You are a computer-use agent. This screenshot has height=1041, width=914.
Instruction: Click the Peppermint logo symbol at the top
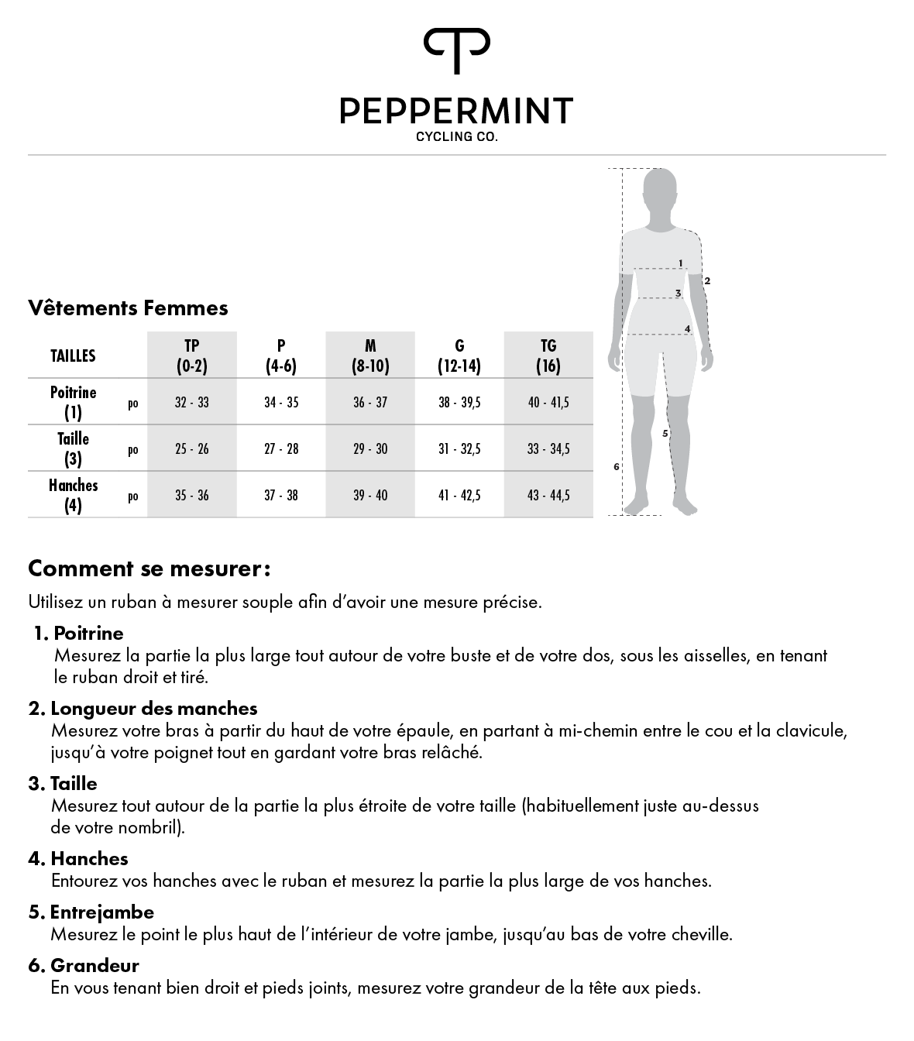coord(456,50)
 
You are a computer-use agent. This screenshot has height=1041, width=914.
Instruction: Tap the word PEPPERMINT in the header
coord(456,111)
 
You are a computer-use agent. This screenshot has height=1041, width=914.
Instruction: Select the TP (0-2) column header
coord(191,356)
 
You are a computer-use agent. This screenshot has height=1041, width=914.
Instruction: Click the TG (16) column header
coord(548,356)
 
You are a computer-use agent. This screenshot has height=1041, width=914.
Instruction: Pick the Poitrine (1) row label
coord(74,402)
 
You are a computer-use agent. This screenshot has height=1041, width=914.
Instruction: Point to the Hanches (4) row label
coord(74,495)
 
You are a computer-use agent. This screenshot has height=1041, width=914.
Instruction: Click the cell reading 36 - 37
coord(370,403)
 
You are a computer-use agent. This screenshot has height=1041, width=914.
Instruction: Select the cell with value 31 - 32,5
coord(459,449)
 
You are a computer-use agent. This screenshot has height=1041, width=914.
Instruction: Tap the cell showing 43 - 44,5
coord(548,496)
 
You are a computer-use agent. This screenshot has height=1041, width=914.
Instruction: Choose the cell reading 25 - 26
coord(191,449)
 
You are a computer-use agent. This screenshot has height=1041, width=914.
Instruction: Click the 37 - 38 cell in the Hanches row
coord(281,496)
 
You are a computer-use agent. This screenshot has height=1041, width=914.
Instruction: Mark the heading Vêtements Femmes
coord(128,308)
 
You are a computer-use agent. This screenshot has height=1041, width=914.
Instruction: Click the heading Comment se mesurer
coord(149,569)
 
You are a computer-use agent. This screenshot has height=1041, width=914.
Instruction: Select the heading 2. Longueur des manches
coord(143,708)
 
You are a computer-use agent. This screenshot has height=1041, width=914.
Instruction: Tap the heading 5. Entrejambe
coord(91,912)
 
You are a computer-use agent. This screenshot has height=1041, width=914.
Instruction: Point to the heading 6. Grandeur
coord(84,965)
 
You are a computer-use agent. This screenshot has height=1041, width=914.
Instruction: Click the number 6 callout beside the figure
coord(616,466)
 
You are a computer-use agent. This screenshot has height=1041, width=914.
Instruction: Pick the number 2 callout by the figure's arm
coord(707,280)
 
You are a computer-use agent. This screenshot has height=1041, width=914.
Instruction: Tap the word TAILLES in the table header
coord(73,356)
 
